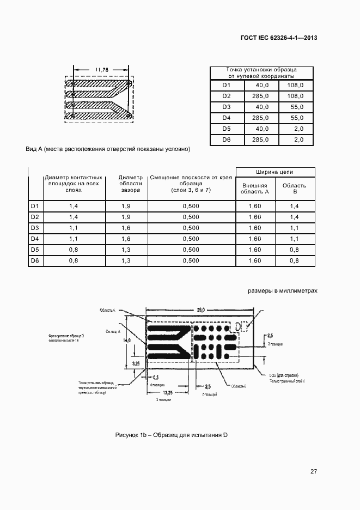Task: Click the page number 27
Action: pos(314,471)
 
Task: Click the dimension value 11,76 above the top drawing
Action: pos(102,70)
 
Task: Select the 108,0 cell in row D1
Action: pos(295,86)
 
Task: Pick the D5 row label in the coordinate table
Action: pos(227,129)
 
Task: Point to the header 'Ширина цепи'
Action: pos(275,172)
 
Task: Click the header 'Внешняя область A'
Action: pos(255,189)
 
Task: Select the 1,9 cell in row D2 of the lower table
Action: pos(126,217)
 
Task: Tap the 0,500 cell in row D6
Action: pos(191,261)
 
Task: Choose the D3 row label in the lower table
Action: pos(35,228)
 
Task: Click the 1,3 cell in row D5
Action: pos(126,250)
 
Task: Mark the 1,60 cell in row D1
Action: pos(255,206)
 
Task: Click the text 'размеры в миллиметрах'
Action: pos(282,291)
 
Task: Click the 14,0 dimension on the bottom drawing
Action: pos(127,340)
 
